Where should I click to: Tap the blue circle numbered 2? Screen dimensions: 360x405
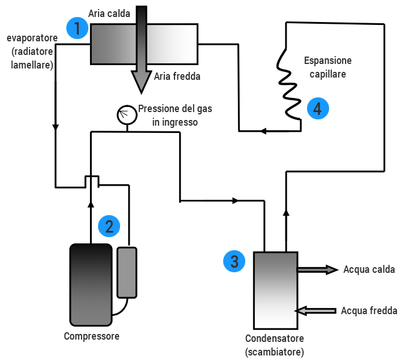[109, 226]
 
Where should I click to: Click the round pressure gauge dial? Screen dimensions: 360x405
[126, 115]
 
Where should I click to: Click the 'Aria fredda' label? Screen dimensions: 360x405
[177, 76]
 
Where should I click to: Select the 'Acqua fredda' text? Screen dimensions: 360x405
[369, 310]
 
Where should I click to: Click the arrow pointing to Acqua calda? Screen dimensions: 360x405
[317, 269]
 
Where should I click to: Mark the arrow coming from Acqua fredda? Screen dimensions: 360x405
[317, 310]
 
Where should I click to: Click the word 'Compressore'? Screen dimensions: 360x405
[91, 336]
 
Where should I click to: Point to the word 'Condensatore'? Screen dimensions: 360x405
[275, 338]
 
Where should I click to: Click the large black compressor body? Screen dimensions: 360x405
[91, 284]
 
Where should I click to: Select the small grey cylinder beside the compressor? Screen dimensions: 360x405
[127, 272]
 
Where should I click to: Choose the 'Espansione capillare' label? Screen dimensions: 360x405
[328, 67]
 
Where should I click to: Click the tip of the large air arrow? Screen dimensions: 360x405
[141, 91]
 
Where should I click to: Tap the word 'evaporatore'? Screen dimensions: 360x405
[32, 38]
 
